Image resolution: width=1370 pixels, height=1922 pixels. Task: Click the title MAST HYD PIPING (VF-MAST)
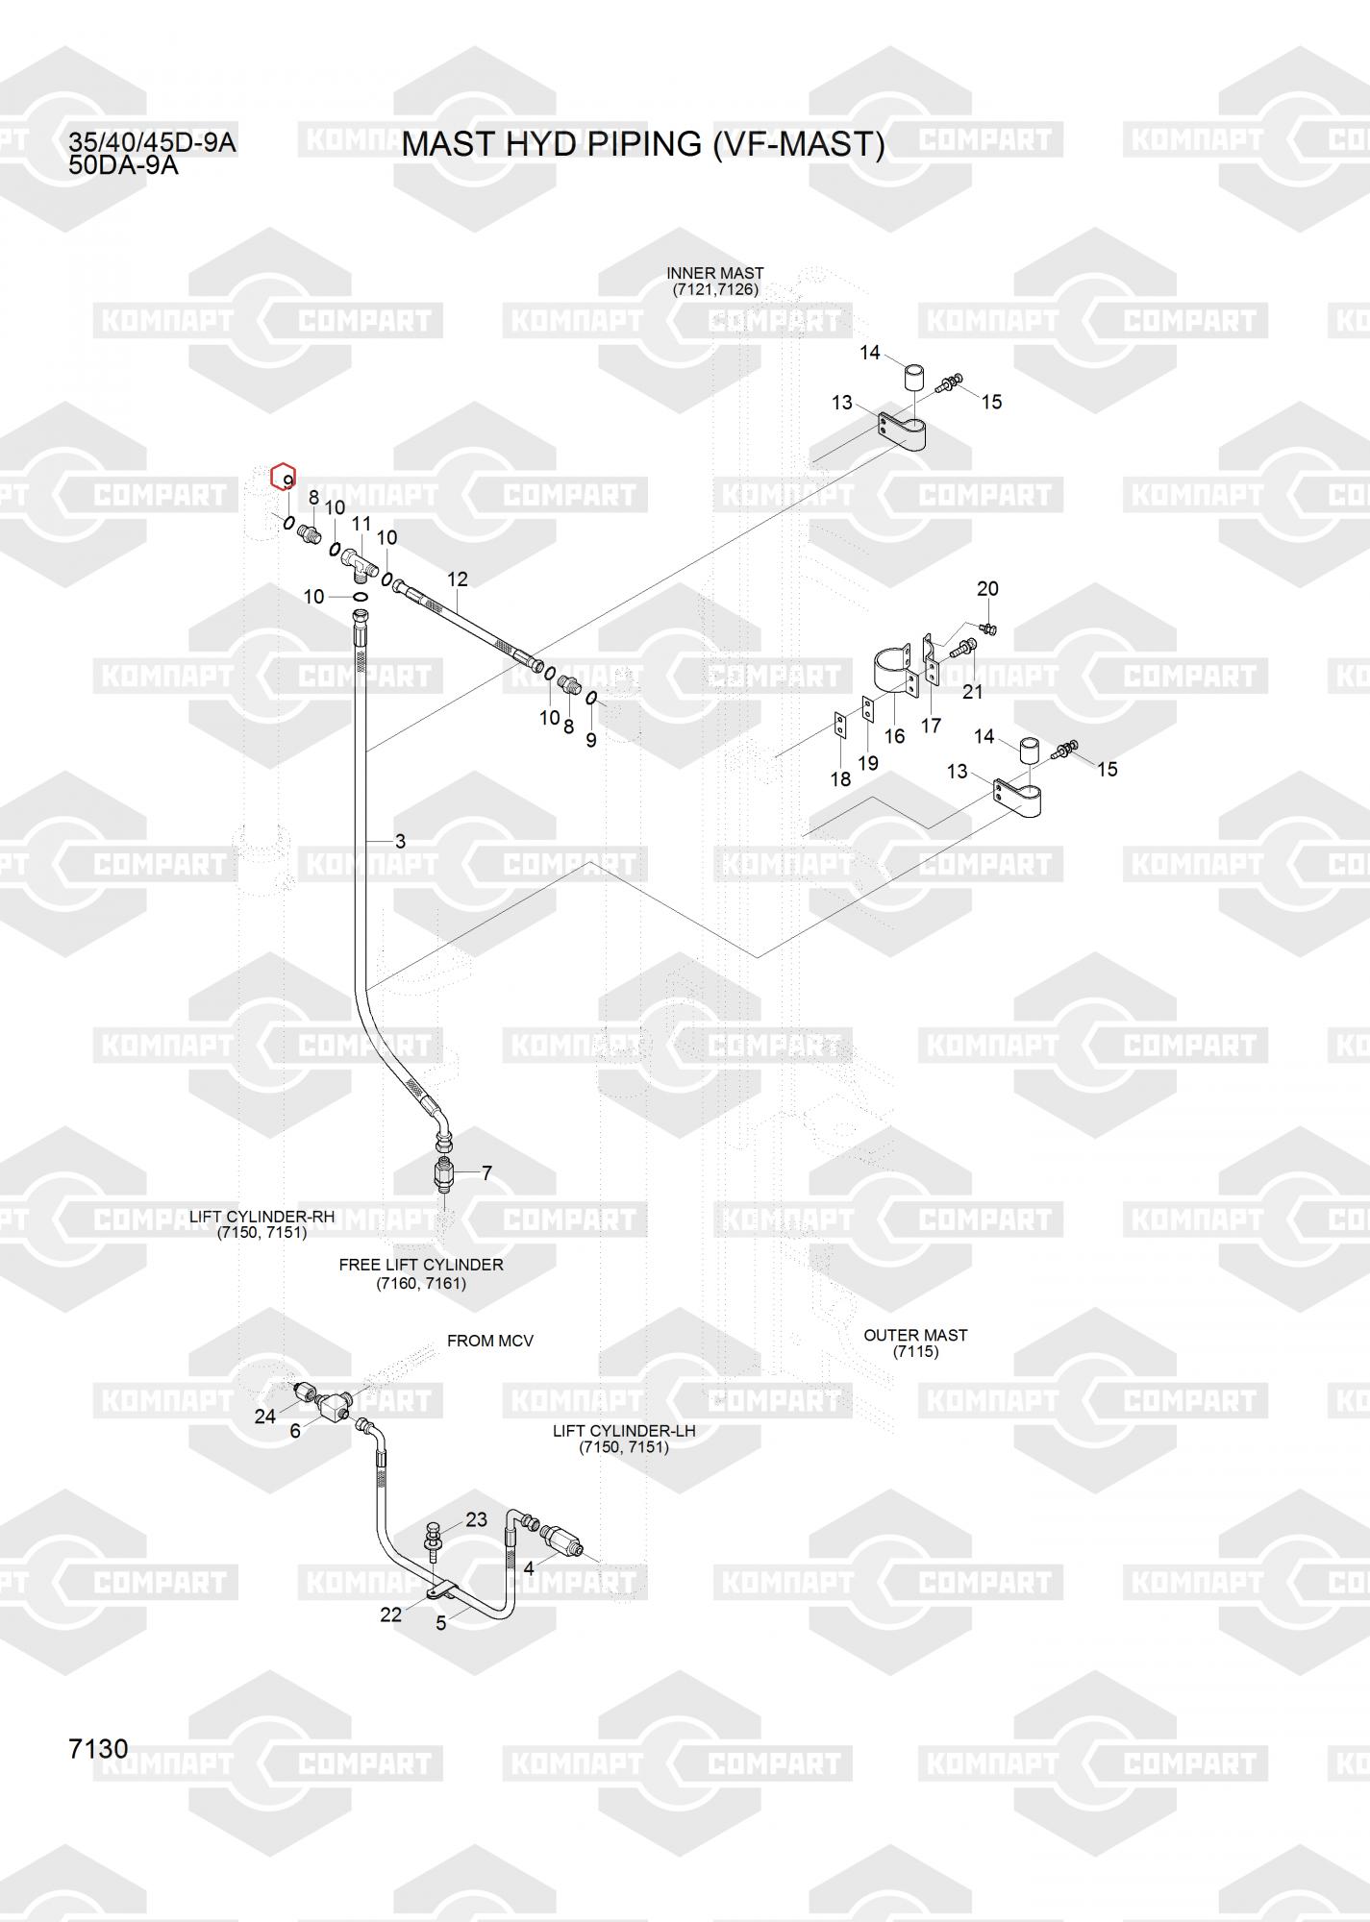pyautogui.click(x=642, y=144)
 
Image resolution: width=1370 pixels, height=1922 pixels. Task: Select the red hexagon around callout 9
pyautogui.click(x=283, y=476)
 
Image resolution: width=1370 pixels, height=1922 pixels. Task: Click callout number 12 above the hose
pyautogui.click(x=458, y=579)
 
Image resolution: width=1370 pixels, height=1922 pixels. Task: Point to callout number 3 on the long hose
pyautogui.click(x=400, y=841)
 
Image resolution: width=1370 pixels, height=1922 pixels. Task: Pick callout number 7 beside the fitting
pyautogui.click(x=486, y=1173)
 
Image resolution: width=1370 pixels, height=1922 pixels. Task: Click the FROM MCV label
pyautogui.click(x=489, y=1341)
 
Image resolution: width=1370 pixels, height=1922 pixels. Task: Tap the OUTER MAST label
pyautogui.click(x=914, y=1343)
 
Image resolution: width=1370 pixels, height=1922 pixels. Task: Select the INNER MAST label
pyautogui.click(x=714, y=282)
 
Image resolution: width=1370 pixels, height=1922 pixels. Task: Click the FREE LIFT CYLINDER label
pyautogui.click(x=420, y=1274)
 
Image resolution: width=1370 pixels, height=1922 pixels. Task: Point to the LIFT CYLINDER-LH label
pyautogui.click(x=623, y=1439)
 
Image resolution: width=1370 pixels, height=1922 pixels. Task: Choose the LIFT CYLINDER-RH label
pyautogui.click(x=262, y=1224)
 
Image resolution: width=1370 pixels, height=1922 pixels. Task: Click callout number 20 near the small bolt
pyautogui.click(x=987, y=588)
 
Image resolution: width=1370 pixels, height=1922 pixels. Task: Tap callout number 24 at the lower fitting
pyautogui.click(x=264, y=1417)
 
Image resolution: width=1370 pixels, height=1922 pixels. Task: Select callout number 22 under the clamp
pyautogui.click(x=390, y=1614)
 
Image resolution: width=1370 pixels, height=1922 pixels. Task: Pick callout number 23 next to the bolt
pyautogui.click(x=476, y=1519)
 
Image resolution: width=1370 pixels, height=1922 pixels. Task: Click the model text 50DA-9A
pyautogui.click(x=123, y=164)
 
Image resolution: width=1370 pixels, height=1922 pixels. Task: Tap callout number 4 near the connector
pyautogui.click(x=529, y=1568)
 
